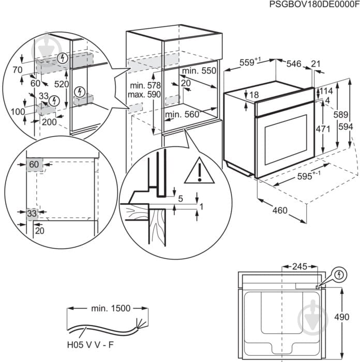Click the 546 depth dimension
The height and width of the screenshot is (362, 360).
(x=293, y=64)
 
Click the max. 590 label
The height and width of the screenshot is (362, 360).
(x=145, y=94)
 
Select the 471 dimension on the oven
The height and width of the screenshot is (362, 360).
(x=322, y=129)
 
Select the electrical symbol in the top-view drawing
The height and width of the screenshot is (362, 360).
(x=339, y=273)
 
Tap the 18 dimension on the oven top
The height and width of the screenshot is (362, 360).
(x=254, y=95)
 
